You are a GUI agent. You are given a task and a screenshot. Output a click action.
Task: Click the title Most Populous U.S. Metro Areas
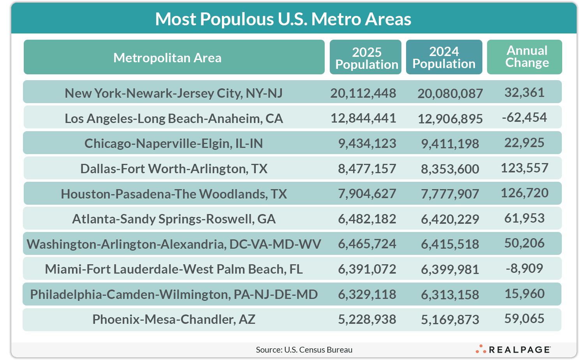click(283, 19)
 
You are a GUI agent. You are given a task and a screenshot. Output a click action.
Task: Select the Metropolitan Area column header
click(167, 58)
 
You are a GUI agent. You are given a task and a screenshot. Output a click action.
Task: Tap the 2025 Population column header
click(366, 58)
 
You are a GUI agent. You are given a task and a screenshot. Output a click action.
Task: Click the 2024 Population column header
click(444, 57)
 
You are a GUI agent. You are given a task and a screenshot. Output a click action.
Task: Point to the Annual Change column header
click(527, 56)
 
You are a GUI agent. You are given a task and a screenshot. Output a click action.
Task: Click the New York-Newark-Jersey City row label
click(174, 93)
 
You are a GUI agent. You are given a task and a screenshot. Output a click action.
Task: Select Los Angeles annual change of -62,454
click(524, 118)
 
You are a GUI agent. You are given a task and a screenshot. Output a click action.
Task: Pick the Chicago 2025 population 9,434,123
click(367, 143)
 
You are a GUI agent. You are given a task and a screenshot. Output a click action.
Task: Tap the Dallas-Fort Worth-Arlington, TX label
click(174, 169)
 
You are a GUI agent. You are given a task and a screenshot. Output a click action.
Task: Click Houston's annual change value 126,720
click(524, 193)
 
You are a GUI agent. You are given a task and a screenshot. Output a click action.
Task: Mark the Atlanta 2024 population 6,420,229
click(450, 219)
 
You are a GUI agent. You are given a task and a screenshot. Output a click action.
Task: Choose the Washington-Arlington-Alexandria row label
click(174, 244)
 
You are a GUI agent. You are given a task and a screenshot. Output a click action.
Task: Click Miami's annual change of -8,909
click(524, 269)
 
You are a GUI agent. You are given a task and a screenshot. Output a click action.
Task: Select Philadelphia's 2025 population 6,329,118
click(367, 294)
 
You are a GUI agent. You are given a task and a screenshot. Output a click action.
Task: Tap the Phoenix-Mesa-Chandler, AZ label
click(174, 319)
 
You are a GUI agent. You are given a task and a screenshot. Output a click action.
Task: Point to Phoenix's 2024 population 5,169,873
click(450, 320)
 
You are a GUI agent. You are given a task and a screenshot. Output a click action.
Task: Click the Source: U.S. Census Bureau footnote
click(304, 349)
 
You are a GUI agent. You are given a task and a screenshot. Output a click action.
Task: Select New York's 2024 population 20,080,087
click(450, 93)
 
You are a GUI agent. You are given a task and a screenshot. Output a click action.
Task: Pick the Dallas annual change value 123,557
click(524, 168)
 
